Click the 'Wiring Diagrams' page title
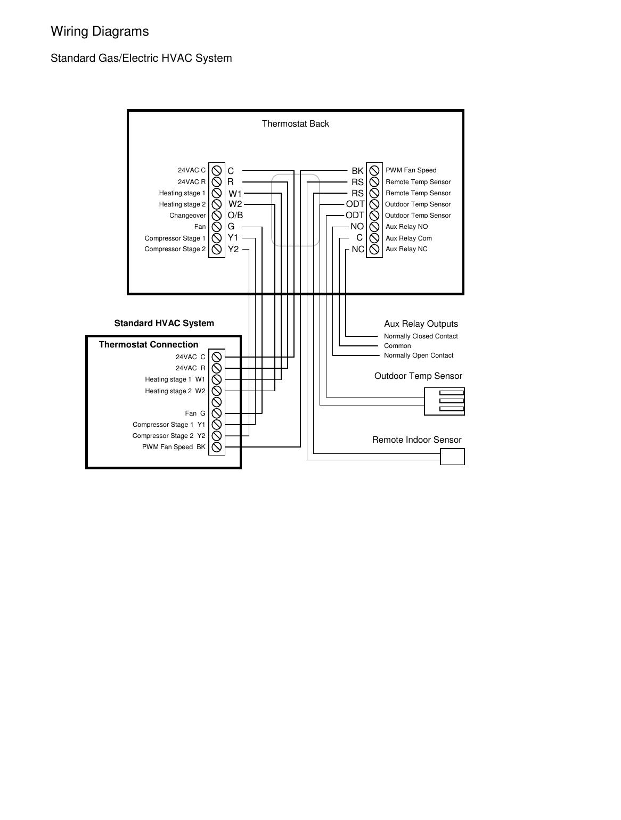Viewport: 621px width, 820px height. click(x=100, y=31)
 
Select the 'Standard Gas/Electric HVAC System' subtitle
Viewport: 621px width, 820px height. click(x=141, y=58)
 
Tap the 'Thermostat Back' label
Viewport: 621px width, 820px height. click(x=295, y=123)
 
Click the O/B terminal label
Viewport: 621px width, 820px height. click(x=235, y=216)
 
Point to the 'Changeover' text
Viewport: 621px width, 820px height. click(x=187, y=216)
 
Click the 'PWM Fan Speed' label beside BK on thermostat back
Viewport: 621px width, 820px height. click(x=411, y=170)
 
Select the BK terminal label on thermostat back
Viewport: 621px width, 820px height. click(x=357, y=171)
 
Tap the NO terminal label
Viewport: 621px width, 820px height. click(x=357, y=227)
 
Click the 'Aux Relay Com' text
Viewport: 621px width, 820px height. click(x=408, y=238)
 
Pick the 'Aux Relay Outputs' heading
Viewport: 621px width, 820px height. click(x=421, y=324)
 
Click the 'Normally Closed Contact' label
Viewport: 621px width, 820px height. click(x=421, y=336)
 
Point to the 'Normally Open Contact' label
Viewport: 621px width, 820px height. click(x=419, y=355)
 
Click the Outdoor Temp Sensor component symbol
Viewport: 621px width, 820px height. click(x=444, y=401)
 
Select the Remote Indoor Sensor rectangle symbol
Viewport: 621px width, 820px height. click(x=452, y=457)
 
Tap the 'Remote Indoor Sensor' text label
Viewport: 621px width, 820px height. click(x=416, y=440)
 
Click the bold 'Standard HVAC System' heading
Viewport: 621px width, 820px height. click(x=164, y=323)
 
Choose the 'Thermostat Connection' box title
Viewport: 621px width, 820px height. click(x=148, y=344)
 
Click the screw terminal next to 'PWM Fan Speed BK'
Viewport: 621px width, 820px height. click(x=217, y=447)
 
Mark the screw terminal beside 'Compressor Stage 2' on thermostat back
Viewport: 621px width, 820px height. click(x=217, y=250)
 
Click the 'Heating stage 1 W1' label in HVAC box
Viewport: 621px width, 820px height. click(x=175, y=379)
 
